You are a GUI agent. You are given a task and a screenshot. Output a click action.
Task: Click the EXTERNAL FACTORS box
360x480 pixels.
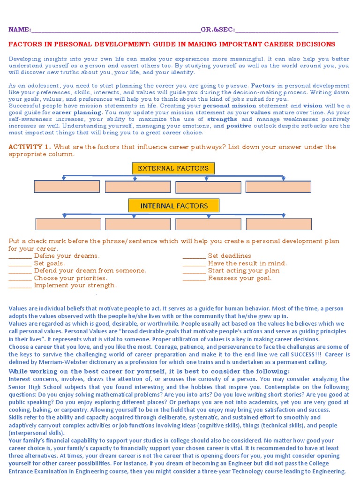[x=173, y=168]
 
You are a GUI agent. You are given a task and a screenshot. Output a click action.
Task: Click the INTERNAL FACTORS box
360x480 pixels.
[x=174, y=206]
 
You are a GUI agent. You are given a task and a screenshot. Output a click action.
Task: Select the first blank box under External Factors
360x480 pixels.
[x=67, y=187]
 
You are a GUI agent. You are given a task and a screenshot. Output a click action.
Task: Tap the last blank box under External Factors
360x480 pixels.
[x=278, y=187]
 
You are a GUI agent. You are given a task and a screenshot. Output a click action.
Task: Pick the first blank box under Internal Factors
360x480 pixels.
[x=68, y=224]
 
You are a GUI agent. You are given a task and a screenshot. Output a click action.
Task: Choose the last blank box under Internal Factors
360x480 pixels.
[x=278, y=224]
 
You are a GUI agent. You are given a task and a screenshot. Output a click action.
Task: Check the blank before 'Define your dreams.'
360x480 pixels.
[x=20, y=256]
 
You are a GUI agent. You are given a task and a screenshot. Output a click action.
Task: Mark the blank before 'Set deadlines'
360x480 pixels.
[x=194, y=256]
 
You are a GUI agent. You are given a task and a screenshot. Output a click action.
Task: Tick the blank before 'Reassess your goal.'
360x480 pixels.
[x=194, y=278]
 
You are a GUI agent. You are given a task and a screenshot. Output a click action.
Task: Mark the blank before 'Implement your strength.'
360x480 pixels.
[x=20, y=286]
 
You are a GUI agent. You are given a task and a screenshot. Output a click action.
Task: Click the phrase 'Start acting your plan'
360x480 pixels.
[x=244, y=271]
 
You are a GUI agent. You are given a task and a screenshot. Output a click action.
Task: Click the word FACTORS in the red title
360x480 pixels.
[x=24, y=45]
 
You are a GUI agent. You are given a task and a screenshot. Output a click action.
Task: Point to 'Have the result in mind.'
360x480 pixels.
[x=247, y=263]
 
